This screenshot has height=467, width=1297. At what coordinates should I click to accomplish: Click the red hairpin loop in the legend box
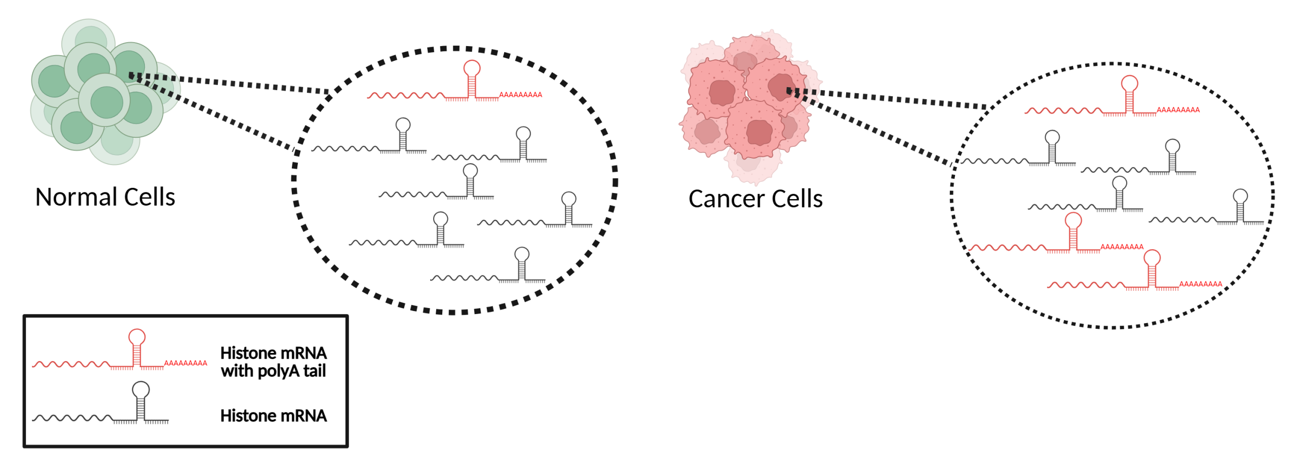coord(137,337)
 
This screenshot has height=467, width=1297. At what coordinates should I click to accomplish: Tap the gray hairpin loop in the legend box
coord(141,390)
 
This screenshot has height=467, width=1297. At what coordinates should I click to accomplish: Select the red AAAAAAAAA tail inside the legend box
coord(185,363)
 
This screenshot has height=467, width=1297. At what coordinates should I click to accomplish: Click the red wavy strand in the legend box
coord(71,364)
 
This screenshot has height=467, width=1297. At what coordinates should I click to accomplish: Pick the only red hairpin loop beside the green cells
coord(472,68)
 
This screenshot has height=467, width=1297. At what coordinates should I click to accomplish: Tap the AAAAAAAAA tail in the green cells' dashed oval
coord(521,95)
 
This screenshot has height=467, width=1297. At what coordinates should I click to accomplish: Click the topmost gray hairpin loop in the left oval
coord(403,125)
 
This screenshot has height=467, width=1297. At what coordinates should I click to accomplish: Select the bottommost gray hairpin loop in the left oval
coord(521,254)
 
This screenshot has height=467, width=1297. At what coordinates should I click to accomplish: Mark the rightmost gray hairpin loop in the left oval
coord(568,199)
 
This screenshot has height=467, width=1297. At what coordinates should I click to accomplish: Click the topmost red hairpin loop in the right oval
coord(1129,84)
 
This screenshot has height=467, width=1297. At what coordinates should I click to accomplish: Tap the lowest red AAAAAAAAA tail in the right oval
coord(1201,284)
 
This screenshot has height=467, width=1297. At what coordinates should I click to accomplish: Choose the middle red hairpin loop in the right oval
coord(1073,220)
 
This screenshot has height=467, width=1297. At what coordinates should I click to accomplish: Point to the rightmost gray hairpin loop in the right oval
coord(1240,196)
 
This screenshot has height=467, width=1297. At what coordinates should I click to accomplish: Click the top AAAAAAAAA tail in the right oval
coord(1178,110)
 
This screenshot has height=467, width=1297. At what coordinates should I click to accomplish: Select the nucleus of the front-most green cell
coord(106,102)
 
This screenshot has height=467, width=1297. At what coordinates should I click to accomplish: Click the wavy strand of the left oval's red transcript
coord(406,96)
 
